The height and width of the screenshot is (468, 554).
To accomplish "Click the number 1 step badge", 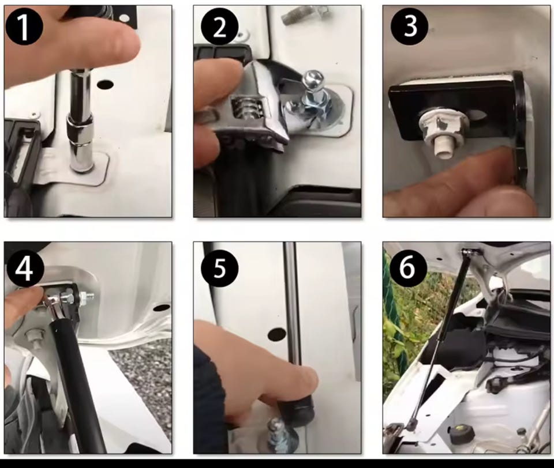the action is (24, 26).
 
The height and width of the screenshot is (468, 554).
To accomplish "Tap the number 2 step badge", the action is (220, 27).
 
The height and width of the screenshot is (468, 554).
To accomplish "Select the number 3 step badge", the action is (410, 26).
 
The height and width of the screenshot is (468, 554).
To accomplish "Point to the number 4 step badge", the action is (25, 269).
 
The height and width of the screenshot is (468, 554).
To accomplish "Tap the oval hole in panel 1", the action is (105, 85).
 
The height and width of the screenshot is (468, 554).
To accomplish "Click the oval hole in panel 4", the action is (162, 308).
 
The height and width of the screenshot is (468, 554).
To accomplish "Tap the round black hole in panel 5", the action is (277, 334).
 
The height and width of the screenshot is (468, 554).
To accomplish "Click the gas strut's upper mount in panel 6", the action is (468, 252).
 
